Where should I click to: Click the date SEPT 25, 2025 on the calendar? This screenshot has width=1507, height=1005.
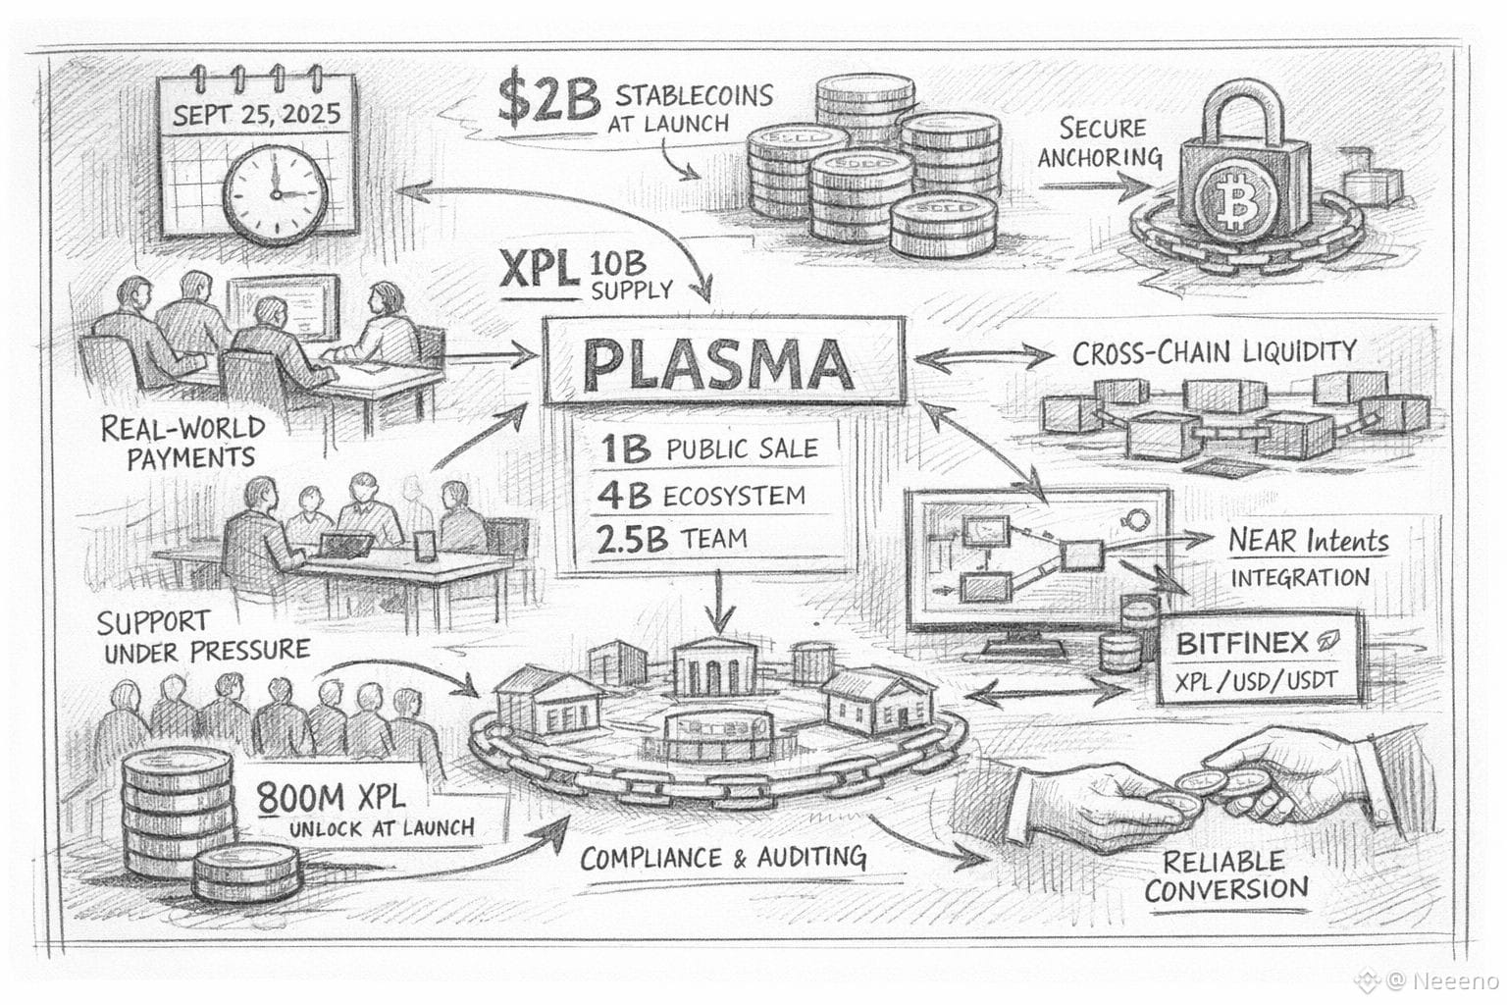pos(256,115)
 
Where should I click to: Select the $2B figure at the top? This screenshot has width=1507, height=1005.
pos(548,100)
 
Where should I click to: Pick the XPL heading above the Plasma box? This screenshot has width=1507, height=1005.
pos(539,270)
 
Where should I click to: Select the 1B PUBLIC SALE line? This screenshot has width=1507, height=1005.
pos(708,449)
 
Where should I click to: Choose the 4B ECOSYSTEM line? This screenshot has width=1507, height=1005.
pos(701,496)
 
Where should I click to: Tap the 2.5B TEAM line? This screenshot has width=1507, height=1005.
pos(671,539)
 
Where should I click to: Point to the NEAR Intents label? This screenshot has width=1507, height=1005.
pos(1309,541)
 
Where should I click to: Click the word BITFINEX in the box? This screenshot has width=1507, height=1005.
pos(1242,644)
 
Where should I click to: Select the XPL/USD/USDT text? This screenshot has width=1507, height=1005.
pos(1256,681)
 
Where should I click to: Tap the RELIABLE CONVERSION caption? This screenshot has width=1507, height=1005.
pos(1226,875)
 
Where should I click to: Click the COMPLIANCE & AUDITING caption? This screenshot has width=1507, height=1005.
pos(723,858)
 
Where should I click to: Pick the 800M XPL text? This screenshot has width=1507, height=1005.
pos(332,798)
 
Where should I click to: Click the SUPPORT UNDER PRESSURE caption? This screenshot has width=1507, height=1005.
pos(203,637)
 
